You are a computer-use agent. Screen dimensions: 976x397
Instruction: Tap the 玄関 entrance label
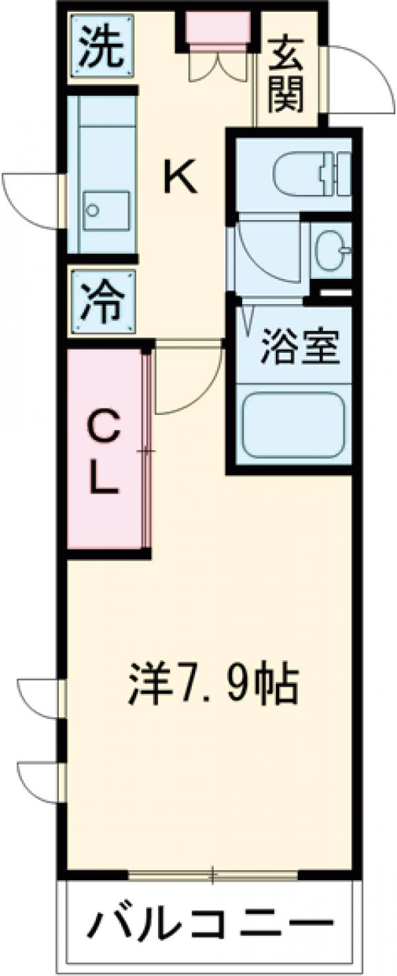286,74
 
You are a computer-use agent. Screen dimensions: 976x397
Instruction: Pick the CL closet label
105,451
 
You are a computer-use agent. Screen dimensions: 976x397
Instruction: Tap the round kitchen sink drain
93,211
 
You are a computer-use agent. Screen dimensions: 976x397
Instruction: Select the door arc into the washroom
265,254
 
